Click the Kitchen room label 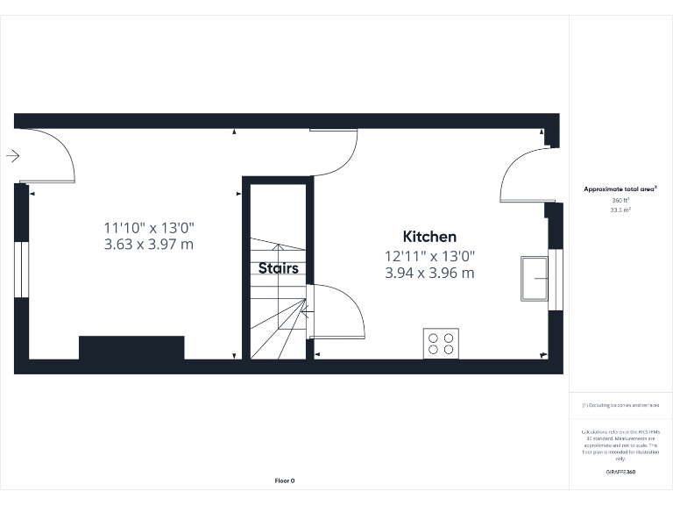pyautogui.click(x=429, y=237)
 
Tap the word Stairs pyautogui.click(x=278, y=268)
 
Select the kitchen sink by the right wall pyautogui.click(x=534, y=279)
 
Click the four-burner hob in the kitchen pyautogui.click(x=441, y=343)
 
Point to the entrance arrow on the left pyautogui.click(x=12, y=156)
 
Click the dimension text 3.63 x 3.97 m pyautogui.click(x=148, y=244)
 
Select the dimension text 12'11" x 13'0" pyautogui.click(x=429, y=256)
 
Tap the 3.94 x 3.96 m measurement pyautogui.click(x=429, y=273)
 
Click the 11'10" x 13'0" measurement pyautogui.click(x=148, y=227)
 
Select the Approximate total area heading pyautogui.click(x=620, y=188)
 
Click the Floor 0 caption pyautogui.click(x=285, y=480)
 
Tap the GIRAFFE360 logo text pyautogui.click(x=620, y=472)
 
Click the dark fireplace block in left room pyautogui.click(x=131, y=347)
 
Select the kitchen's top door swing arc pyautogui.click(x=342, y=158)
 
